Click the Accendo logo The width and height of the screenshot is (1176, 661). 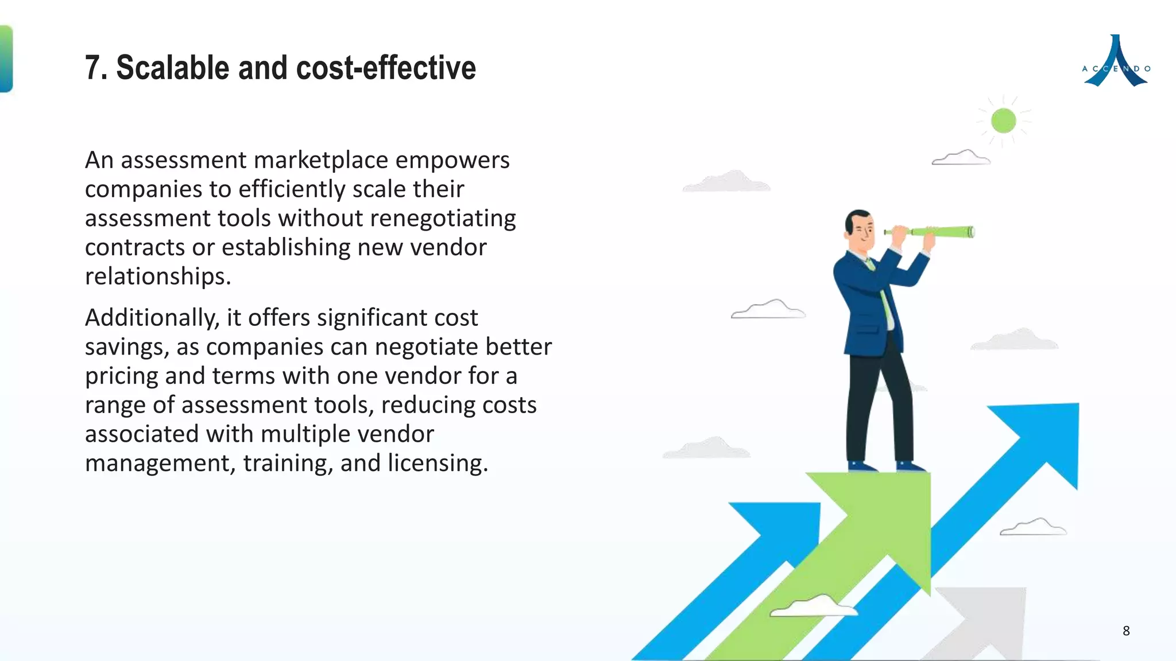[x=1116, y=62]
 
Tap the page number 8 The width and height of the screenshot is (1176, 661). [x=1126, y=631]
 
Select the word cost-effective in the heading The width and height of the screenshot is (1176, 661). [x=386, y=68]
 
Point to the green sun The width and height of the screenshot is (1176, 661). [x=1003, y=121]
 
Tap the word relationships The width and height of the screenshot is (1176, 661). [x=157, y=277]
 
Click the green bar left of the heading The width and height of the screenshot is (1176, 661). [x=6, y=59]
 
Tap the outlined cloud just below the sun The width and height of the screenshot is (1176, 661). [x=961, y=157]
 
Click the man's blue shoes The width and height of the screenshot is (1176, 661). [x=887, y=466]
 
